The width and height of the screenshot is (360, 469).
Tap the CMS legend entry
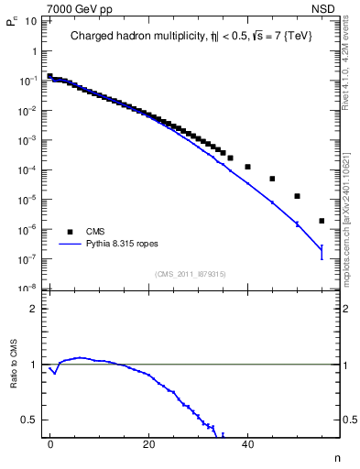[96, 232]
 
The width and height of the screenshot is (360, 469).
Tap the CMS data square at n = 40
[247, 167]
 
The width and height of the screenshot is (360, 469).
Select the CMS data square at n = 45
[272, 179]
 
